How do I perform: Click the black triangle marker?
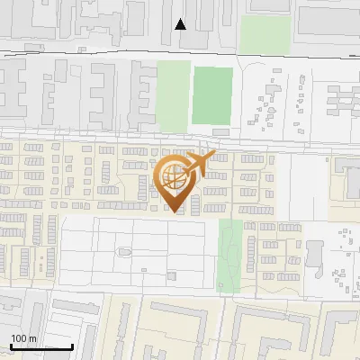click(181, 23)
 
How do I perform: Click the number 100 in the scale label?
click(19, 339)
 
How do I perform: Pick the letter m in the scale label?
click(32, 339)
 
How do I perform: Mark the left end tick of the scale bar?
click(10, 346)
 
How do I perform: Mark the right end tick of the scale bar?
click(72, 346)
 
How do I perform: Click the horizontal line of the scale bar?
click(40, 347)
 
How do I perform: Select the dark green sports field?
click(211, 95)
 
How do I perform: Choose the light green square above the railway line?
click(265, 34)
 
